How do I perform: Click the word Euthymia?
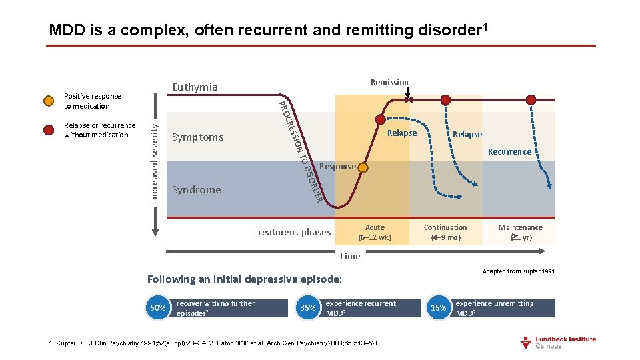click(195, 87)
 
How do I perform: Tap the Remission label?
click(389, 83)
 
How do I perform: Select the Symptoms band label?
click(198, 137)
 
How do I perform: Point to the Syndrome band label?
click(196, 190)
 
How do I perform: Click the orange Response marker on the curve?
click(363, 167)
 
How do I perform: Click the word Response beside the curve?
click(337, 167)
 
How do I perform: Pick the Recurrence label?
click(509, 152)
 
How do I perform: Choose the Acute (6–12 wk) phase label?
click(375, 232)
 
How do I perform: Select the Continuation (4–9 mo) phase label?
click(445, 232)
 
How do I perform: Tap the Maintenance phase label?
click(521, 232)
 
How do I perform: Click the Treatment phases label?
click(291, 232)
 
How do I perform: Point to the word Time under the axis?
click(349, 256)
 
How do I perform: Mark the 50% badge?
click(158, 308)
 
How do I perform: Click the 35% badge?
click(308, 308)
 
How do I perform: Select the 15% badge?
click(438, 308)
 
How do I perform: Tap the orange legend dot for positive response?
click(49, 101)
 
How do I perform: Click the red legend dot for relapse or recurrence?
click(49, 130)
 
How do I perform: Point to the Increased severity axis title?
click(155, 159)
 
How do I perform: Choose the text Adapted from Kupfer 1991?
click(519, 271)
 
